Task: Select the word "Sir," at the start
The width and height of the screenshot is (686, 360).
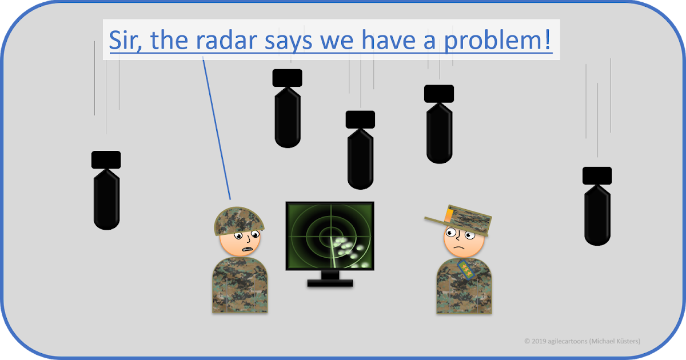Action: (x=128, y=40)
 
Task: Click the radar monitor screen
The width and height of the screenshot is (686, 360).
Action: (x=330, y=235)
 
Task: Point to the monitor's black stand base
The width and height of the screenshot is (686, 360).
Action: (x=330, y=282)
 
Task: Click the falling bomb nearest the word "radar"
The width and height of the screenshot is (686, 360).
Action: (x=287, y=109)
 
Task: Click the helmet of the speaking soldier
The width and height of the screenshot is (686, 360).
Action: (x=239, y=221)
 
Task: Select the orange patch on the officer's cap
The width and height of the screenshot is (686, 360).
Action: (x=448, y=214)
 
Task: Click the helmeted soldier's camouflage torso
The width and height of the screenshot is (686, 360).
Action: (x=240, y=286)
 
